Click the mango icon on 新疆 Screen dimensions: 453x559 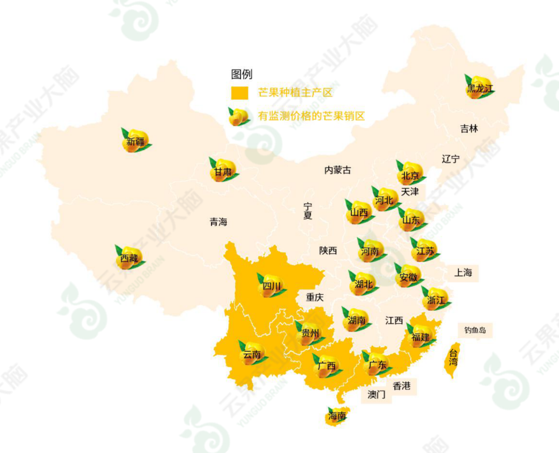point(136,141)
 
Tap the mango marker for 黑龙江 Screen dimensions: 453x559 point(480,87)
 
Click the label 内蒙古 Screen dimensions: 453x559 point(337,170)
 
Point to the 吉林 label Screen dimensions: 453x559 point(469,129)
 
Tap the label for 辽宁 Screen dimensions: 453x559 point(450,159)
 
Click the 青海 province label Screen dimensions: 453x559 point(218,222)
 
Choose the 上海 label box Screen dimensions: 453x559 point(463,273)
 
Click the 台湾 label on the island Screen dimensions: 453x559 point(453,358)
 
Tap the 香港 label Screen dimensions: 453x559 point(402,386)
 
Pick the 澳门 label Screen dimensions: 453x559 point(376,395)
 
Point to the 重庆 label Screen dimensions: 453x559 point(314,297)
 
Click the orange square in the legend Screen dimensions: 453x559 point(239,93)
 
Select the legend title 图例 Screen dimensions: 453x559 point(242,74)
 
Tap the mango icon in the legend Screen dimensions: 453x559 point(239,116)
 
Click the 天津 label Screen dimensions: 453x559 point(409,192)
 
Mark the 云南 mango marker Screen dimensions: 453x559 point(252,354)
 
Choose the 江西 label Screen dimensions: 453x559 point(394,321)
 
